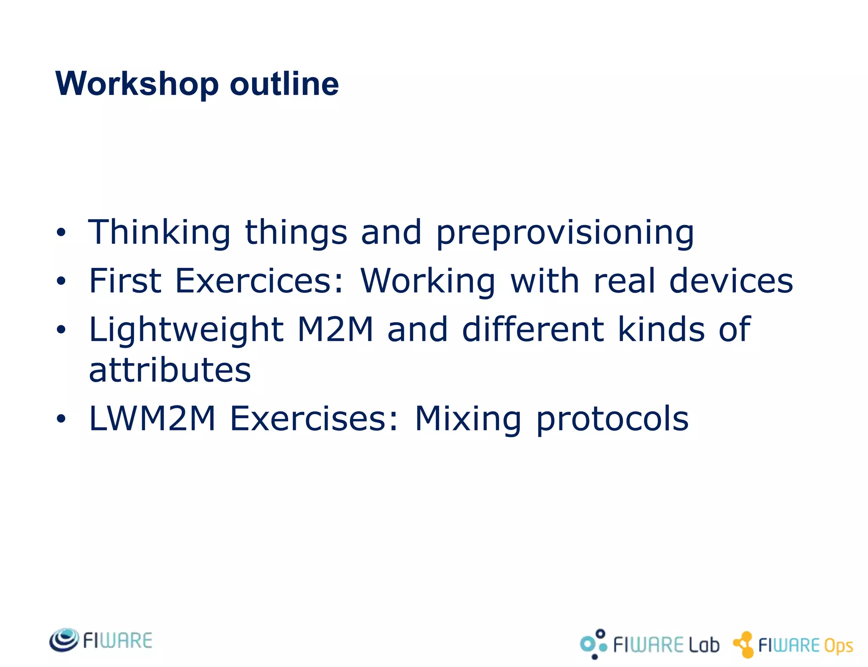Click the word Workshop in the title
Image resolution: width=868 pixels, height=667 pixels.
[x=137, y=84]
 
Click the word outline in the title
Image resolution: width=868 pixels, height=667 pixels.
[x=284, y=84]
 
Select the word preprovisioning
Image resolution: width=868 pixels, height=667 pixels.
[x=565, y=233]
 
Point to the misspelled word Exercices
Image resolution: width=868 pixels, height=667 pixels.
[x=259, y=281]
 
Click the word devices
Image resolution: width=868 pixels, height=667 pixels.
[x=731, y=281]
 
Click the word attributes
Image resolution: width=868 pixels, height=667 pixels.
[x=170, y=369]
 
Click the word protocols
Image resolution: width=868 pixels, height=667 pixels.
[x=612, y=419]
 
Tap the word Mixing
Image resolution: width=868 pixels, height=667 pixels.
[x=467, y=419]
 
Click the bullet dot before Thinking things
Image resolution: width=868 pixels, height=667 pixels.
[x=61, y=232]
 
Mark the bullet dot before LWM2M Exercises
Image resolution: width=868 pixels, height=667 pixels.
[x=61, y=419]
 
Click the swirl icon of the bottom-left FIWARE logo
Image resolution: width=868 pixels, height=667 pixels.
[x=64, y=639]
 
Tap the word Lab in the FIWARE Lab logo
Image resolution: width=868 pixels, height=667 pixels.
[x=704, y=645]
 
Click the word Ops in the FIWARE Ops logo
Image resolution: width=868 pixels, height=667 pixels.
[x=838, y=646]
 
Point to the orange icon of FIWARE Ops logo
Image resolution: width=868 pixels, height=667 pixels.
[x=744, y=645]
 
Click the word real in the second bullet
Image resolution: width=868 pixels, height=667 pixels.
[x=624, y=281]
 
